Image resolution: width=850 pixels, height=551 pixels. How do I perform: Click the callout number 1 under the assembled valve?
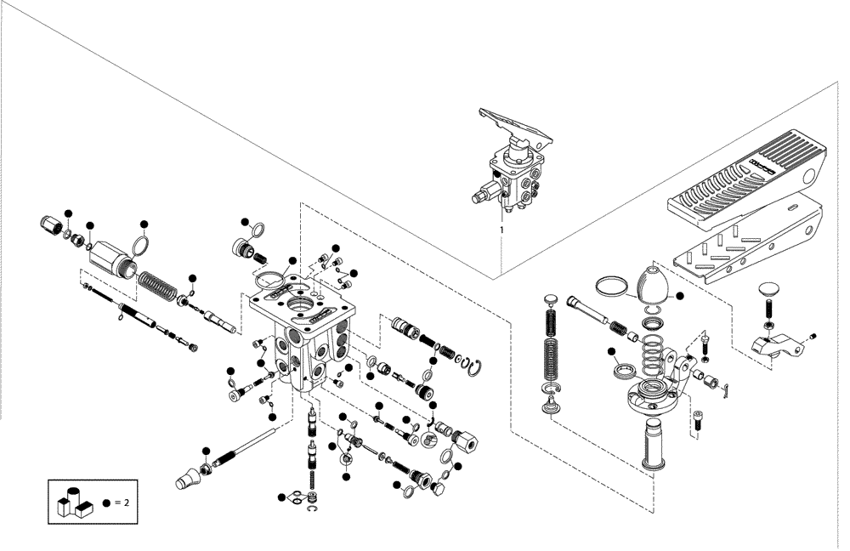tap(501, 229)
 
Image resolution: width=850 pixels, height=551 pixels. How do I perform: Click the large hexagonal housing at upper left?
tap(112, 255)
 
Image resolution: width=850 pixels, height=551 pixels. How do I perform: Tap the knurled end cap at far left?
tap(53, 227)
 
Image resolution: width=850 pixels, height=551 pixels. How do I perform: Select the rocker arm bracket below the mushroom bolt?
tap(778, 346)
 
